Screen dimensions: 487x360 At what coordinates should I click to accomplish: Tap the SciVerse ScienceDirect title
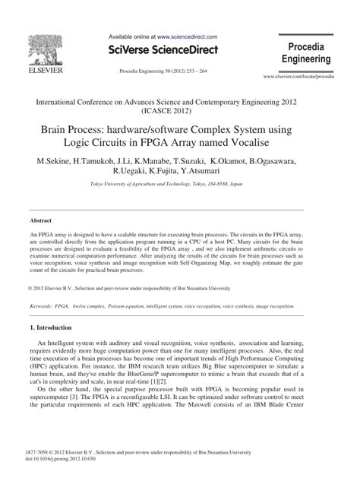pyautogui.click(x=163, y=50)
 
